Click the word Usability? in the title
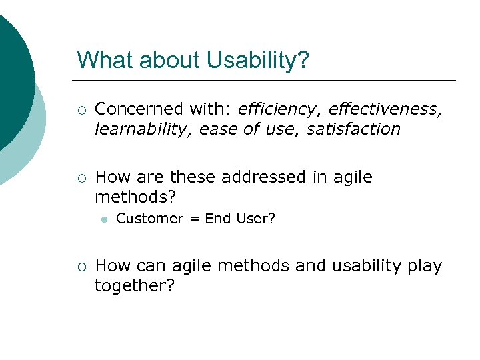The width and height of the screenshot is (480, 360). click(x=258, y=60)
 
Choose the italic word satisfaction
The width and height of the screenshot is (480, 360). click(x=353, y=129)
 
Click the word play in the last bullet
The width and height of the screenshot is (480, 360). click(x=424, y=267)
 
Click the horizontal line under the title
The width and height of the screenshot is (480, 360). click(x=267, y=80)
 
